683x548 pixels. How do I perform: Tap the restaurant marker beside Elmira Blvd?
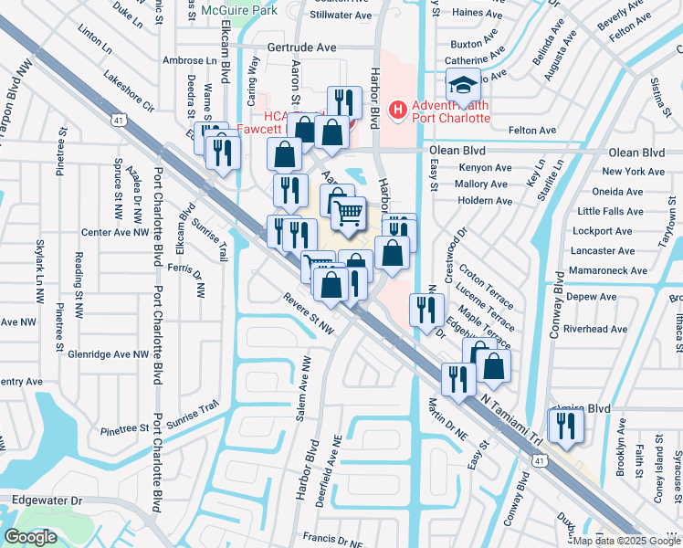pos(565,425)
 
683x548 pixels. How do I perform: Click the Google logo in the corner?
pos(30,537)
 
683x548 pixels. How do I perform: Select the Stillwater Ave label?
pos(341,16)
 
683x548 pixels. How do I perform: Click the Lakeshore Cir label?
pos(129,91)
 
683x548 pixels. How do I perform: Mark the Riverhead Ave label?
pos(596,329)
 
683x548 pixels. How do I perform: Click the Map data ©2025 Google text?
pos(626,541)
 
